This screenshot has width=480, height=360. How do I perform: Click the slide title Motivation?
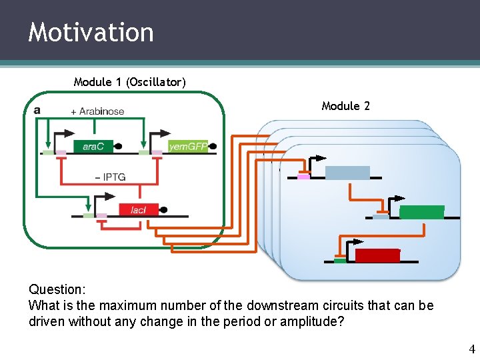pyautogui.click(x=91, y=32)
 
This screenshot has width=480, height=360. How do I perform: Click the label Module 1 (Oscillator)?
pyautogui.click(x=129, y=82)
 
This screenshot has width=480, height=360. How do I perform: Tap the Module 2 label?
pyautogui.click(x=345, y=106)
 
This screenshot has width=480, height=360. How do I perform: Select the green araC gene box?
pyautogui.click(x=93, y=147)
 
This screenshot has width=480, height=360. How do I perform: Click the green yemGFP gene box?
pyautogui.click(x=187, y=147)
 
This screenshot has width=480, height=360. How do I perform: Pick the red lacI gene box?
pyautogui.click(x=138, y=210)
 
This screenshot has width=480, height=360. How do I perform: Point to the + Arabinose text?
pyautogui.click(x=97, y=111)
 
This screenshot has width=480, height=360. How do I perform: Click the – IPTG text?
pyautogui.click(x=110, y=177)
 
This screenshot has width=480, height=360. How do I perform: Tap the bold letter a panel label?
pyautogui.click(x=37, y=109)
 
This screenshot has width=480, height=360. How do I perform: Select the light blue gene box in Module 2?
pyautogui.click(x=347, y=173)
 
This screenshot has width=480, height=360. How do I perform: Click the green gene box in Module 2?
pyautogui.click(x=421, y=213)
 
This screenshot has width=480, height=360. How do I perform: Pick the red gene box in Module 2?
pyautogui.click(x=377, y=256)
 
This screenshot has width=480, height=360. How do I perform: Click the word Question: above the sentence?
pyautogui.click(x=57, y=290)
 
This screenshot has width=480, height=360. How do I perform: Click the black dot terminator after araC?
pyautogui.click(x=118, y=147)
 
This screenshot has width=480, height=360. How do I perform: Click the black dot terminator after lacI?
pyautogui.click(x=163, y=210)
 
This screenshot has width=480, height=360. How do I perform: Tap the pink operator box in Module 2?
pyautogui.click(x=304, y=177)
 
